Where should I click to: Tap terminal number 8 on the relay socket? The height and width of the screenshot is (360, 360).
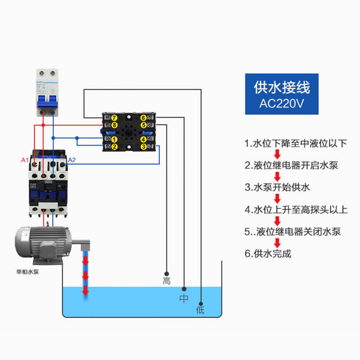point(114,125)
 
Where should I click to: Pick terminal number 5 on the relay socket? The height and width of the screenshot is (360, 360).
point(143,125)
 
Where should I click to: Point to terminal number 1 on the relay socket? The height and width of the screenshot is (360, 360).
point(114,139)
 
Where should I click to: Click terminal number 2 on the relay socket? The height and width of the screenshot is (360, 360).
point(114,146)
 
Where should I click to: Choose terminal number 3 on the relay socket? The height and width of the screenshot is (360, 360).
point(143,146)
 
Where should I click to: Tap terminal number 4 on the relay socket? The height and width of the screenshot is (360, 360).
point(143,139)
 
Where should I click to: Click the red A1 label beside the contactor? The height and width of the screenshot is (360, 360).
point(25,160)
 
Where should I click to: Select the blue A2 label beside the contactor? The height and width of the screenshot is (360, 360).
point(72,160)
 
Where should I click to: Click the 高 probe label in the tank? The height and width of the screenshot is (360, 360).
point(166,281)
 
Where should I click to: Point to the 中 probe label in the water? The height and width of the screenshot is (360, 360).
point(184,298)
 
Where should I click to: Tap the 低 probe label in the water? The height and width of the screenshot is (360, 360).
point(200,310)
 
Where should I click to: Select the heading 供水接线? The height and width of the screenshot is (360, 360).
point(282,86)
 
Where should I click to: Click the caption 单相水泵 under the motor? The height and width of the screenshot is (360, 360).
point(28,272)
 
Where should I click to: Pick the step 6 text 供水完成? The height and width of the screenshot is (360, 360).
point(268,253)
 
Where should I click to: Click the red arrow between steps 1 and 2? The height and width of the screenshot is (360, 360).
point(277,154)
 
